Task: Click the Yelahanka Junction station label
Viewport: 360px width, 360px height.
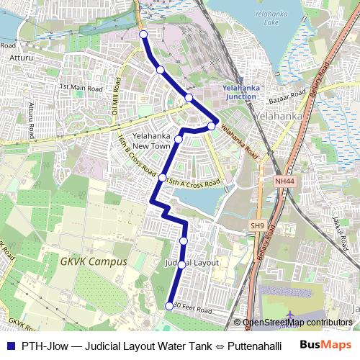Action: pyautogui.click(x=240, y=91)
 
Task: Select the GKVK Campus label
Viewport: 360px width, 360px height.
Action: pyautogui.click(x=94, y=262)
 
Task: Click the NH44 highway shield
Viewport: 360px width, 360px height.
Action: pyautogui.click(x=285, y=182)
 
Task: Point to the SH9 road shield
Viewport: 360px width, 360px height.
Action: pyautogui.click(x=258, y=226)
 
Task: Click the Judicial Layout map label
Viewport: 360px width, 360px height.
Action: pyautogui.click(x=192, y=263)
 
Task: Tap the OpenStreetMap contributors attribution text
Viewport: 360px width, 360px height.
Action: pyautogui.click(x=297, y=323)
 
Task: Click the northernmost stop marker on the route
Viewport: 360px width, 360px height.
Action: pyautogui.click(x=143, y=35)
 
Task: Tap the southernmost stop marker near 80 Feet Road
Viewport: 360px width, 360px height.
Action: pyautogui.click(x=170, y=306)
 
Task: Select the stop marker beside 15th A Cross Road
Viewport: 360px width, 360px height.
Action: pyautogui.click(x=163, y=177)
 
